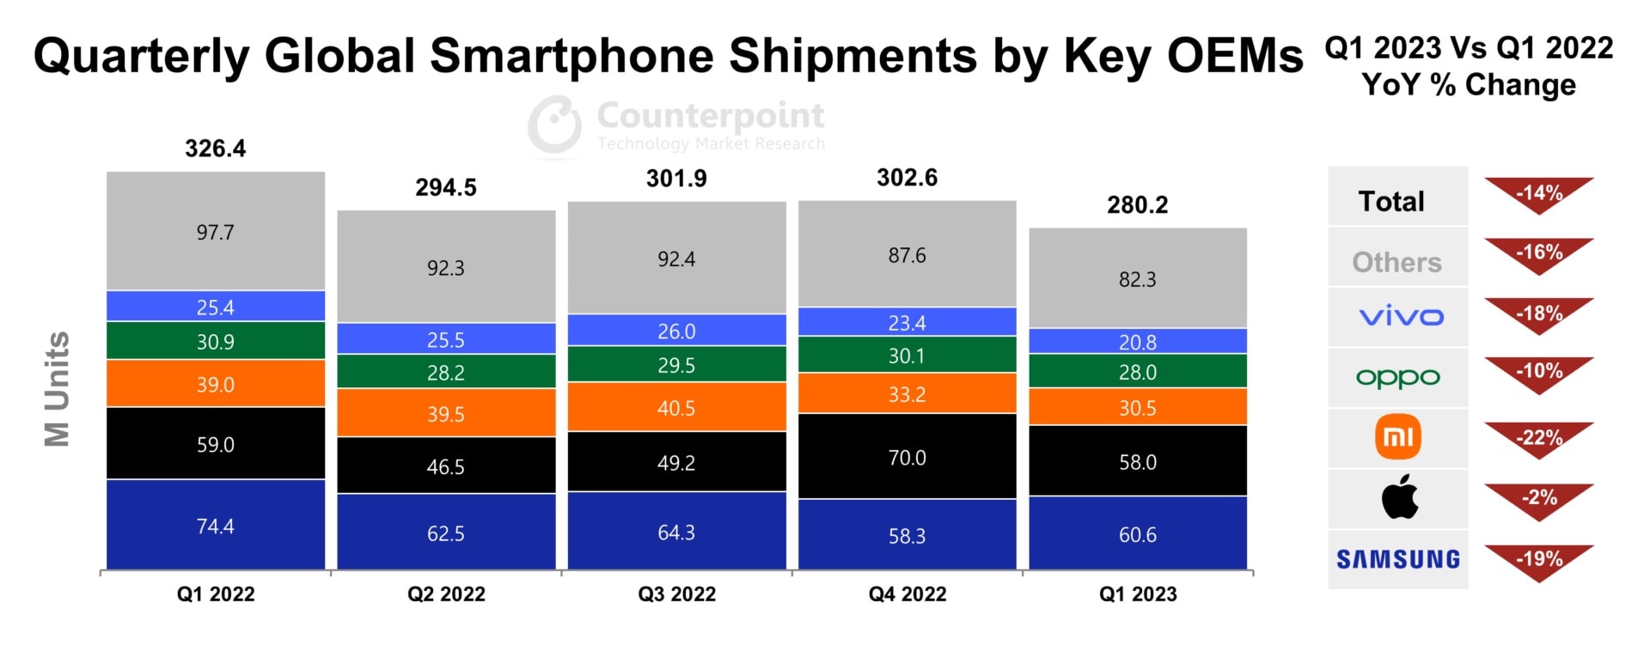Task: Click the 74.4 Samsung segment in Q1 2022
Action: click(215, 526)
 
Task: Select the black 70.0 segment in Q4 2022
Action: click(907, 457)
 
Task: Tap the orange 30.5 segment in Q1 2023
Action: click(1137, 408)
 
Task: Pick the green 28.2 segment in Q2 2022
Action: click(445, 373)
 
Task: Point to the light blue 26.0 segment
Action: click(676, 331)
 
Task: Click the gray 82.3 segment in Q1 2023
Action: click(1137, 279)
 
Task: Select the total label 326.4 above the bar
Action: click(215, 149)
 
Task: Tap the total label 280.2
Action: click(1137, 204)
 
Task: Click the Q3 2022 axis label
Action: click(676, 594)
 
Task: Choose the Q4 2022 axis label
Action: click(907, 594)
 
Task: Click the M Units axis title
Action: click(57, 389)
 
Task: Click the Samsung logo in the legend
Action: click(1398, 559)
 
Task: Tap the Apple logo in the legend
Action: click(1399, 496)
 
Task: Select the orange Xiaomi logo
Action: click(1398, 437)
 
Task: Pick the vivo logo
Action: click(1400, 317)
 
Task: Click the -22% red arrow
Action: click(1538, 439)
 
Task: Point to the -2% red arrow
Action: click(1538, 499)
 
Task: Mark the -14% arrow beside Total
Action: click(1538, 194)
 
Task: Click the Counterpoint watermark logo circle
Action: click(555, 125)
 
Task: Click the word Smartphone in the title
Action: click(571, 56)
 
